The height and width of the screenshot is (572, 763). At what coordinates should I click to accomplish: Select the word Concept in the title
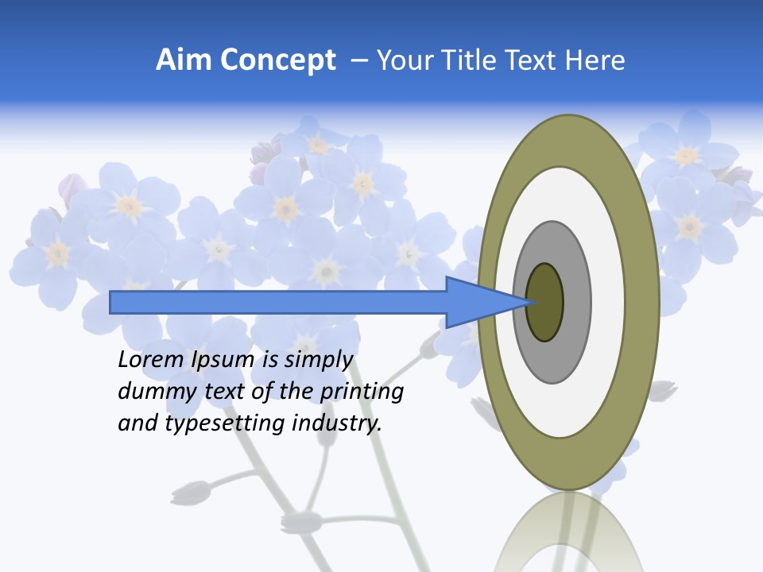point(277,60)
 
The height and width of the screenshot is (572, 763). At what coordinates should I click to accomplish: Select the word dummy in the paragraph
point(151,392)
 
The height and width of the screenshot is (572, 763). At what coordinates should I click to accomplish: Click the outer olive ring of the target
point(645,303)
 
